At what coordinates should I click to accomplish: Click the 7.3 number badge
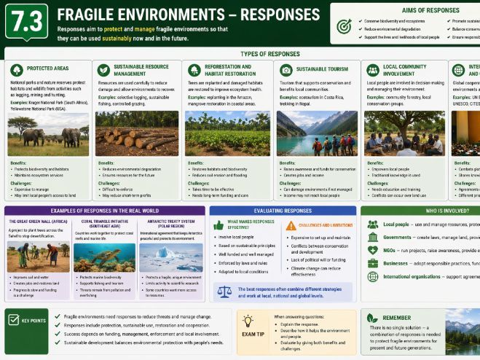26,21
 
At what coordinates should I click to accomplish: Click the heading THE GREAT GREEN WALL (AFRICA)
39,222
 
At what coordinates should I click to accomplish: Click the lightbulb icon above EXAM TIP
248,321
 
